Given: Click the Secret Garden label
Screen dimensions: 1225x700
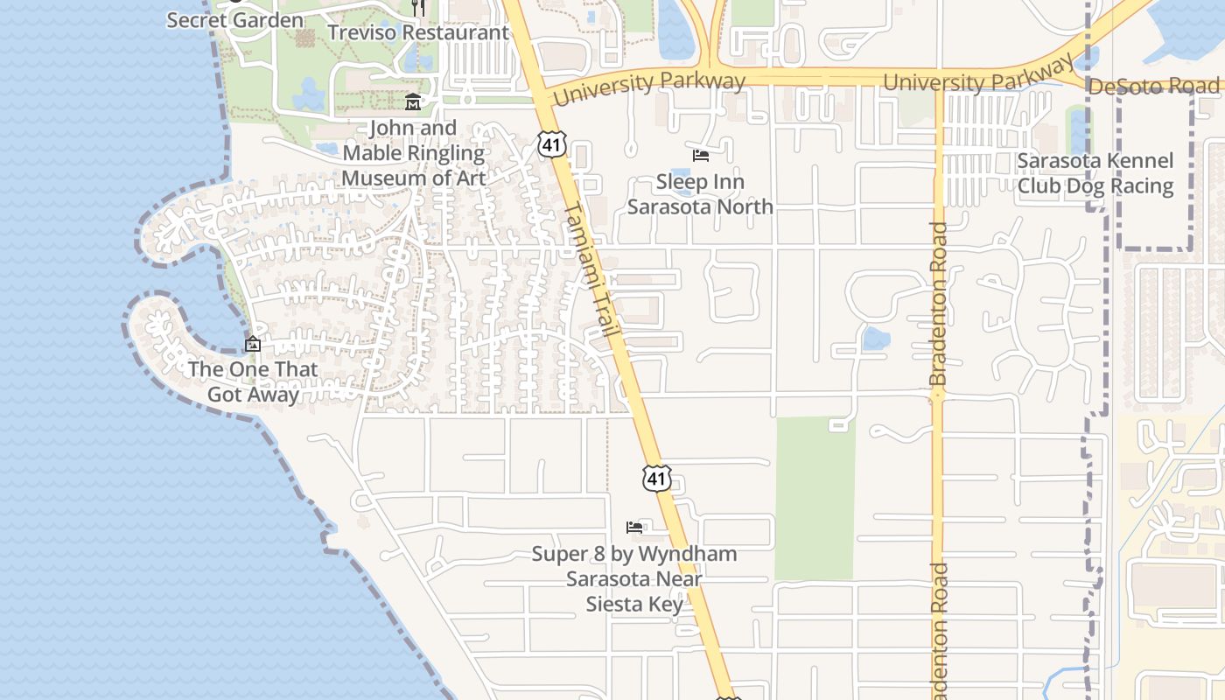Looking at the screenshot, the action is tap(235, 20).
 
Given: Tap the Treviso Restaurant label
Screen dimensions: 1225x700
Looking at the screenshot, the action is tap(417, 32).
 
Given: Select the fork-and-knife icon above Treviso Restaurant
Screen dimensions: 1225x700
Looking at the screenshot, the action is tap(418, 8).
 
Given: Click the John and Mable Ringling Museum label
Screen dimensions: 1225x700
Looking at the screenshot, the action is tap(413, 153).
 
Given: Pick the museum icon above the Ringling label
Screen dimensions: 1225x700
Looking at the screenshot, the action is tap(413, 103).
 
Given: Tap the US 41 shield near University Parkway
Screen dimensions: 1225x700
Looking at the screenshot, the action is tap(552, 144).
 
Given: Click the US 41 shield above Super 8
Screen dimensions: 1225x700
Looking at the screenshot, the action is tap(656, 478).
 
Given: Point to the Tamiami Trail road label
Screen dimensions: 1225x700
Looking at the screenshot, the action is tap(593, 272).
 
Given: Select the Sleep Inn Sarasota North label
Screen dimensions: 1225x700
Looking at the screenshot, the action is tap(700, 194).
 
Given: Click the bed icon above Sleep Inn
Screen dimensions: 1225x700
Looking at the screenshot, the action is tap(700, 156).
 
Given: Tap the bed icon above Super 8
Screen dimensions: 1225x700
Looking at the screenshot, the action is tap(634, 528).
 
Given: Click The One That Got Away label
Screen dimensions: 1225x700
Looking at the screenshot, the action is tap(253, 381).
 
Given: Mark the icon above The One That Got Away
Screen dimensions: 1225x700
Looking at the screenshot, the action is tap(253, 345).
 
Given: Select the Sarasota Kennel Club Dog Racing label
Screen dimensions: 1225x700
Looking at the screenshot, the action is tap(1095, 173).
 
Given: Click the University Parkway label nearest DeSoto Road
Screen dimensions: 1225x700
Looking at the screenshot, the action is tap(978, 80).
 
